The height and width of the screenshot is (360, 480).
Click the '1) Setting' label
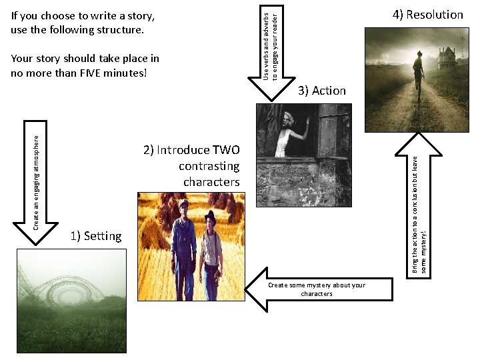pyautogui.click(x=95, y=236)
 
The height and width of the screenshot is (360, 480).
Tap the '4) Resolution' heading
pyautogui.click(x=427, y=15)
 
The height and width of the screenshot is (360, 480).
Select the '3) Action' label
pyautogui.click(x=322, y=91)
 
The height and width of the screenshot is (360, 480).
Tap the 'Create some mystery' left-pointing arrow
pyautogui.click(x=313, y=289)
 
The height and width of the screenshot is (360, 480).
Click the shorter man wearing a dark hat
pyautogui.click(x=212, y=250)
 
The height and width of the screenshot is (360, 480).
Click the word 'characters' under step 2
pyautogui.click(x=211, y=182)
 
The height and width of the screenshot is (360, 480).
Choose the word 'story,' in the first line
pyautogui.click(x=139, y=15)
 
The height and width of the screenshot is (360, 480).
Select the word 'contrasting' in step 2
pyautogui.click(x=209, y=166)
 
